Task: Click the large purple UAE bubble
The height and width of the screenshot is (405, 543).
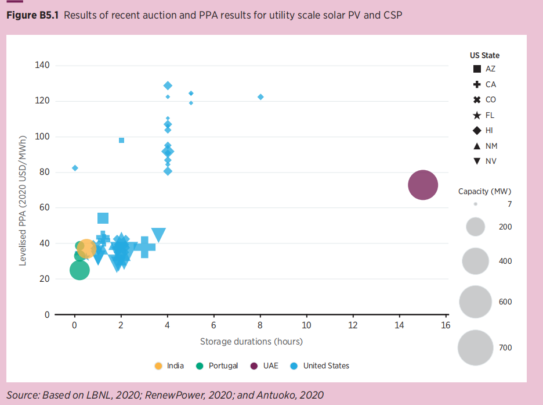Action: (422, 185)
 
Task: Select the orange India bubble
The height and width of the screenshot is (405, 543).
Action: (86, 249)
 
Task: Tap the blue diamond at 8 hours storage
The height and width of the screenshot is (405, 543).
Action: (260, 97)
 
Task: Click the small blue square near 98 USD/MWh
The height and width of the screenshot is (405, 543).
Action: (121, 140)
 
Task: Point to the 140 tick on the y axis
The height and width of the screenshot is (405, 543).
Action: (44, 65)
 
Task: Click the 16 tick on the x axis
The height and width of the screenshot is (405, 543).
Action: (446, 325)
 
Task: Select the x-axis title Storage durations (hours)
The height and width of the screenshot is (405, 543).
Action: (251, 341)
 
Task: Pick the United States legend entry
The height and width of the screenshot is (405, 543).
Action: (320, 365)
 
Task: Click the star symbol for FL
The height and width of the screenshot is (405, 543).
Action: (476, 115)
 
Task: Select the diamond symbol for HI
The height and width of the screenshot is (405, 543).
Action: (476, 130)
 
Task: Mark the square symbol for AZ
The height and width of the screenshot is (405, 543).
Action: (476, 69)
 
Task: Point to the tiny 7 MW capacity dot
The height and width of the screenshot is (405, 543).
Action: (475, 204)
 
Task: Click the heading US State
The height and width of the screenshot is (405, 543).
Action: (484, 56)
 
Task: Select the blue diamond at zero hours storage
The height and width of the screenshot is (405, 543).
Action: (75, 168)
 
